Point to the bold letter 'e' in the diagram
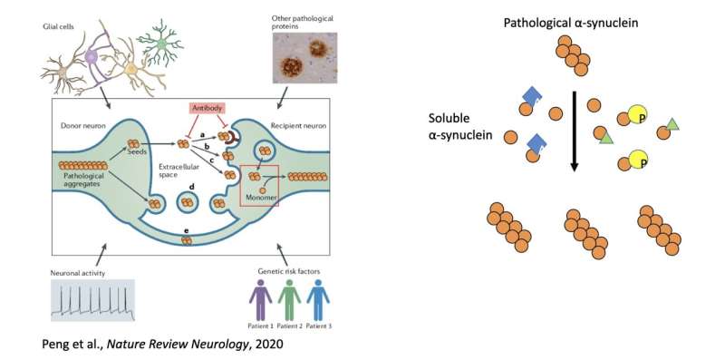(186, 230)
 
